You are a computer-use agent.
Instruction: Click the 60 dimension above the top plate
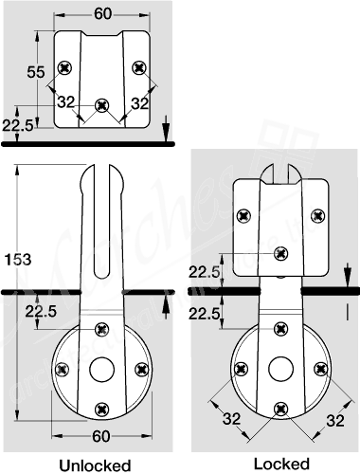101,12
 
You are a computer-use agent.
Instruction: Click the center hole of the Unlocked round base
100,369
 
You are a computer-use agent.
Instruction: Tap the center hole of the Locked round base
279,368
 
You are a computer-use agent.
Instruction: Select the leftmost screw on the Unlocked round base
63,369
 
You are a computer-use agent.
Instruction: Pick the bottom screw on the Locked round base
279,407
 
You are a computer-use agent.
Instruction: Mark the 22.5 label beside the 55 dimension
19,124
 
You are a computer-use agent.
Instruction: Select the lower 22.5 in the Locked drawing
207,313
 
